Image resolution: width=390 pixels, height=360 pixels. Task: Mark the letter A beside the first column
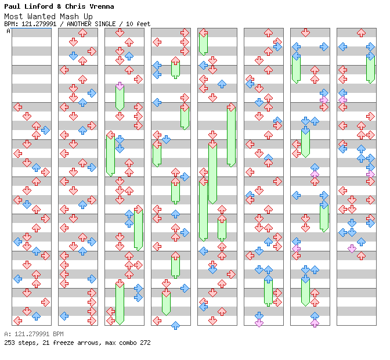point(8,31)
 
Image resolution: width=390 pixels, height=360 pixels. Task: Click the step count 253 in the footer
point(9,343)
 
